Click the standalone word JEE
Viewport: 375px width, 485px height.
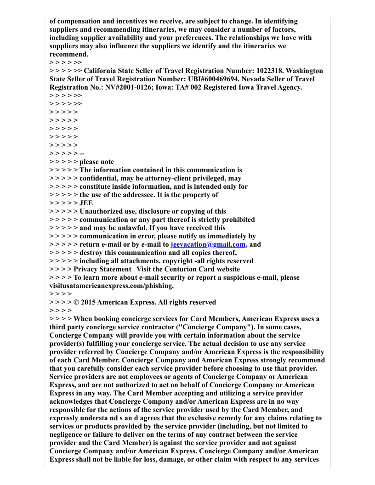click(86, 203)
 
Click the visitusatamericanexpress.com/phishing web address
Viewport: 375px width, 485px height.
click(111, 286)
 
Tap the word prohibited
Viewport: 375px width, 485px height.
click(237, 220)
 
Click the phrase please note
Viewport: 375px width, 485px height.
click(97, 162)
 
